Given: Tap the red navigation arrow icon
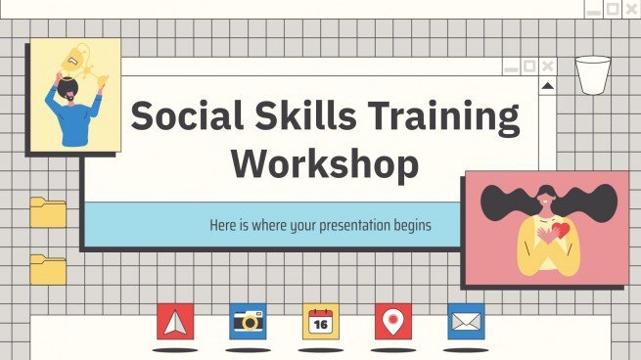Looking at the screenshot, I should pos(175,321).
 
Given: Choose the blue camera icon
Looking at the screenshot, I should pos(249,321).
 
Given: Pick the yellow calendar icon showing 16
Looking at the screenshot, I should pos(321,321).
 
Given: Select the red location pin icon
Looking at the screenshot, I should pos(393,321).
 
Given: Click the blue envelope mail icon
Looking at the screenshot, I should pos(466,321).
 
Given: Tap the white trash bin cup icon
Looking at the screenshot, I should pos(592,75).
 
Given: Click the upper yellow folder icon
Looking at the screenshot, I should pos(47,211).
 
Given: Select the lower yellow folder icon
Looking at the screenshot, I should pos(47,269).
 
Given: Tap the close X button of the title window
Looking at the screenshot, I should pos(548,67).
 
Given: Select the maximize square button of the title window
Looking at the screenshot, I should pos(528,67).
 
